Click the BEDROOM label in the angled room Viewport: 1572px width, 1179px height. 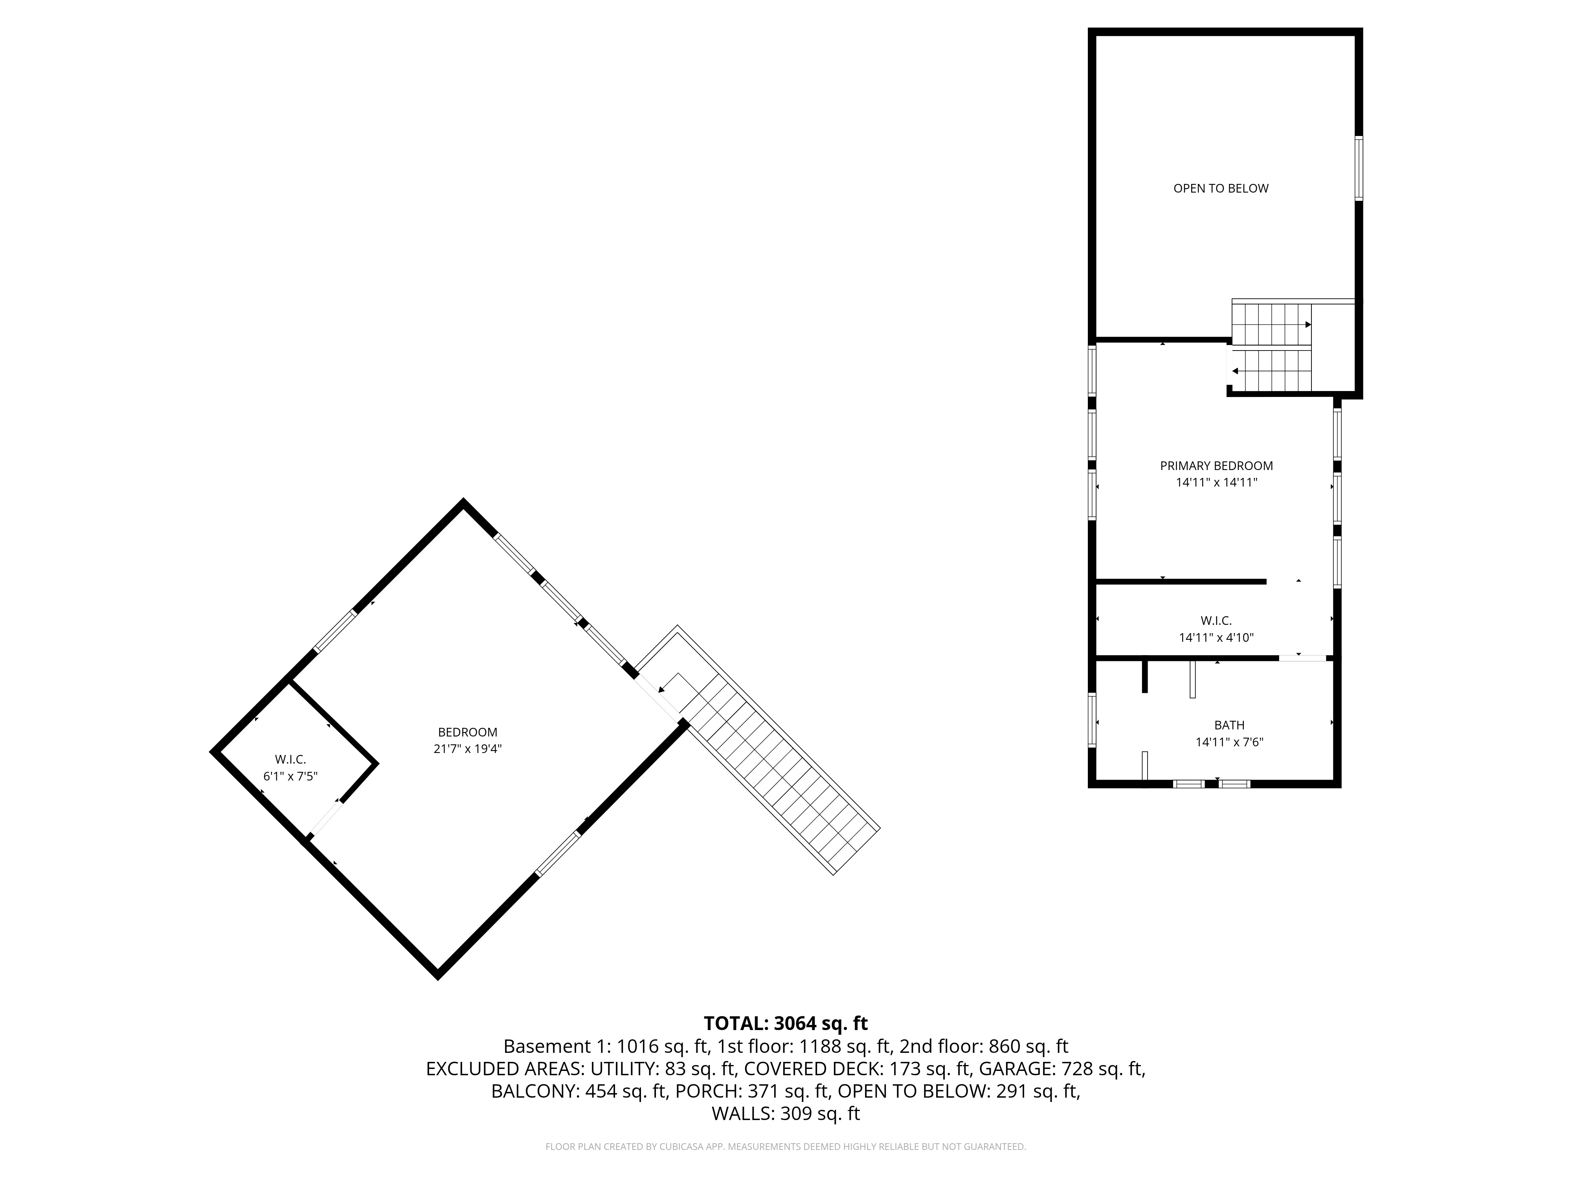[x=468, y=732]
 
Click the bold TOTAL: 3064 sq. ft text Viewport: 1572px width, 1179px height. [x=785, y=1023]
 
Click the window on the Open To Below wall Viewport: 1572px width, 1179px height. [x=1358, y=169]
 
